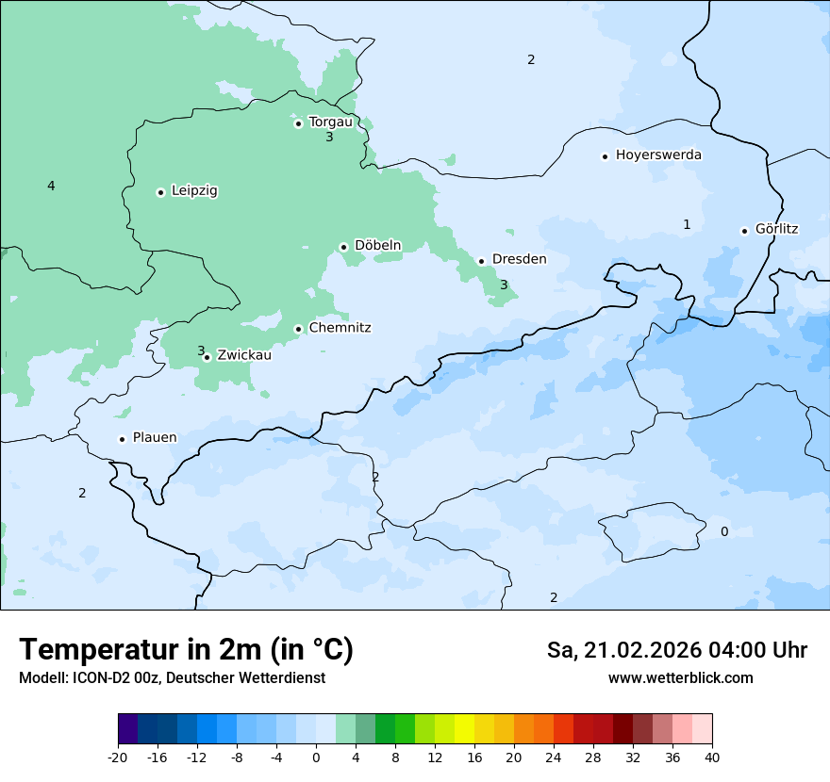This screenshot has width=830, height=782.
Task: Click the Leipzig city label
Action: pyautogui.click(x=194, y=191)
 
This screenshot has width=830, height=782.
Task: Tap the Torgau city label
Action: pyautogui.click(x=330, y=122)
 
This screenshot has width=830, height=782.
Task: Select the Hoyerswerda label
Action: pyautogui.click(x=658, y=155)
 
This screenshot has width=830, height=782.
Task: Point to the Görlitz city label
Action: pyautogui.click(x=776, y=229)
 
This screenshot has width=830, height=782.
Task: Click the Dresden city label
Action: pyautogui.click(x=519, y=259)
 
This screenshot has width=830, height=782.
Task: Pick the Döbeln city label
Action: pyautogui.click(x=377, y=246)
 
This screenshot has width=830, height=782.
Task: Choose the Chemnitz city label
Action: pyautogui.click(x=340, y=328)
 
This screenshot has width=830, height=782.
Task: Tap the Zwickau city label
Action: pyautogui.click(x=244, y=355)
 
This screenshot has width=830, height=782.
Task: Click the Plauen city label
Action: pyautogui.click(x=154, y=438)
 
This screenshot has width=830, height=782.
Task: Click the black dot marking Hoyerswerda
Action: pyautogui.click(x=605, y=156)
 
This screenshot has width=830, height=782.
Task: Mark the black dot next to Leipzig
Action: pyautogui.click(x=160, y=192)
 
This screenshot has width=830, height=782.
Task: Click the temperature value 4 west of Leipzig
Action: pyautogui.click(x=51, y=187)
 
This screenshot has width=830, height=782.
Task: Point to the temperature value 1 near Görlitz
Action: pyautogui.click(x=687, y=224)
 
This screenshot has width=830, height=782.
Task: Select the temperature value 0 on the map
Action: pyautogui.click(x=724, y=532)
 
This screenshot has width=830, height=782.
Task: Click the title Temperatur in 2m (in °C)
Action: pyautogui.click(x=186, y=650)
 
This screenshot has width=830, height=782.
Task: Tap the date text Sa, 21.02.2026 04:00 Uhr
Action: pyautogui.click(x=676, y=651)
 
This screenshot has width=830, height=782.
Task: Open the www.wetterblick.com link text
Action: pyautogui.click(x=680, y=678)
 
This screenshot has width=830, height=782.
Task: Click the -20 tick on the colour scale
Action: pyautogui.click(x=118, y=758)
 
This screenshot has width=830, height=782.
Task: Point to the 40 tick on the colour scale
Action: pyautogui.click(x=711, y=758)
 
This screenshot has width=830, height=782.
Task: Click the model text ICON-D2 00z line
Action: pyautogui.click(x=172, y=678)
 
